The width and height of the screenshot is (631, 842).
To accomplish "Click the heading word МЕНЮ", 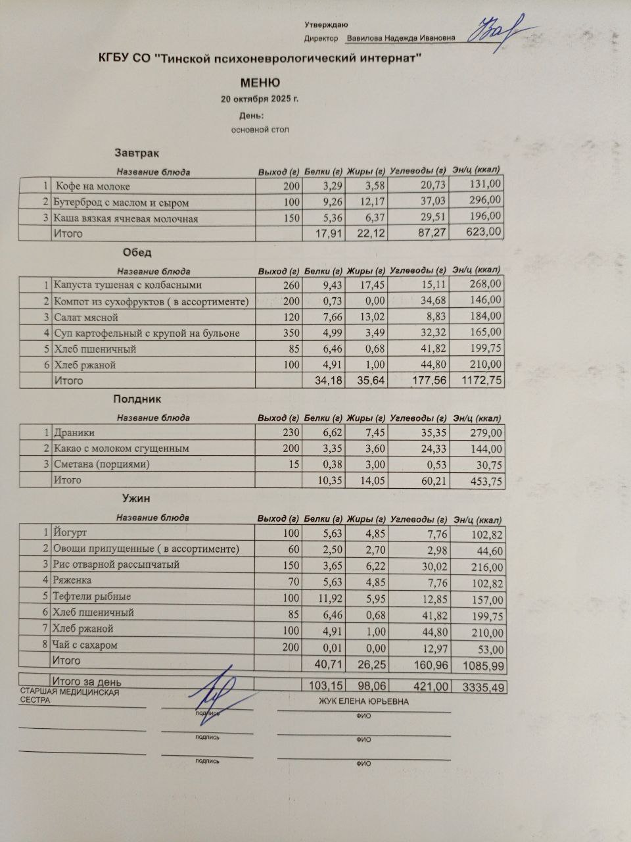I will (260, 83).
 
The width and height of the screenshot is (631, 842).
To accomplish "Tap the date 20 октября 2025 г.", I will (260, 100).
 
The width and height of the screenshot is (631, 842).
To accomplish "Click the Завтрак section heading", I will (137, 153).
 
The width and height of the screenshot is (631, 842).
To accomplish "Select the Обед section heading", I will (137, 253).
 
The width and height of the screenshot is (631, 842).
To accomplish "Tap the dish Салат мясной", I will (86, 317).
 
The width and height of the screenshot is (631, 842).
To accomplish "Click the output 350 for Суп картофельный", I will (291, 333).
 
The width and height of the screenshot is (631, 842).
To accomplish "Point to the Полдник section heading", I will (137, 399).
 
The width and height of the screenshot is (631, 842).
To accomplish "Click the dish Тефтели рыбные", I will (92, 597).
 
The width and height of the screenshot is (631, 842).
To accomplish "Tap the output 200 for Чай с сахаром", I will (291, 646).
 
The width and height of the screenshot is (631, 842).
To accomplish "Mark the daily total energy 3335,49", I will (484, 687).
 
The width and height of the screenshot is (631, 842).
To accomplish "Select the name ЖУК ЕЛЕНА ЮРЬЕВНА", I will (363, 701).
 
